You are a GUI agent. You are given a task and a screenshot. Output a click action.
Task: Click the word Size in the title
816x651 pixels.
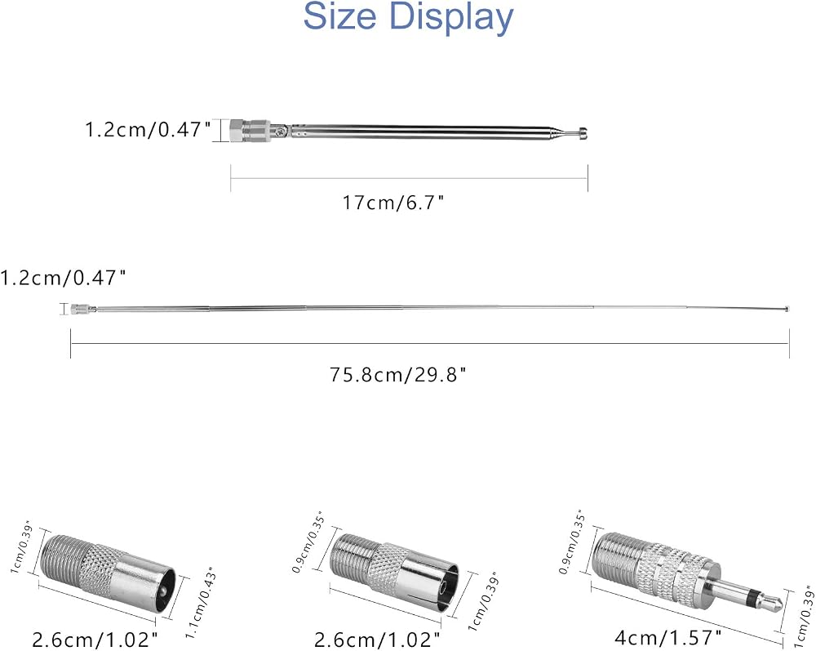339,16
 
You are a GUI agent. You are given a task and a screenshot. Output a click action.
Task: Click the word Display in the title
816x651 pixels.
451,19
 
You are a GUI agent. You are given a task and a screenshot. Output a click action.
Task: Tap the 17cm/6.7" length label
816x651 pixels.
393,202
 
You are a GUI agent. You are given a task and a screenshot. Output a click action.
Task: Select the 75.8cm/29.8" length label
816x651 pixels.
397,374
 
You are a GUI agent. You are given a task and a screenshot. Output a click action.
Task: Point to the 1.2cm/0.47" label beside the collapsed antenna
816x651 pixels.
149,128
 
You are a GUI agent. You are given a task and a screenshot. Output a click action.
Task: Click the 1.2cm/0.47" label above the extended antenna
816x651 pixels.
63,278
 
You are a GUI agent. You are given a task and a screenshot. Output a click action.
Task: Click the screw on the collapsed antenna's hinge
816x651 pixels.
281,131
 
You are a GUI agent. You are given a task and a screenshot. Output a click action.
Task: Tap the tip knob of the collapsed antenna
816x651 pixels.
583,134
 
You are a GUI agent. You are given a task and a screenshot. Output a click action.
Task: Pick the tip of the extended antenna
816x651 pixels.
788,310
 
